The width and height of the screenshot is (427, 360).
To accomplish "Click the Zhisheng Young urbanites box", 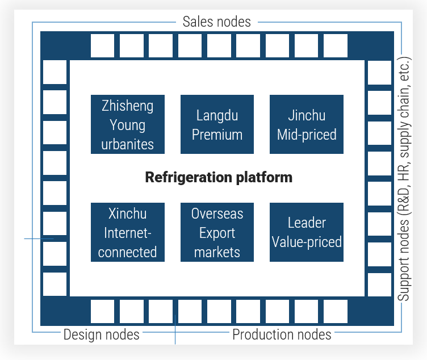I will click(x=127, y=124).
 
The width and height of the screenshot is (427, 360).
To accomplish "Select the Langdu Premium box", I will click(x=217, y=124).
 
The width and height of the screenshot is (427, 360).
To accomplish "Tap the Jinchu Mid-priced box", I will click(x=307, y=124).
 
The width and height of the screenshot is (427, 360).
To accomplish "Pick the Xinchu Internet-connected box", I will click(x=127, y=232).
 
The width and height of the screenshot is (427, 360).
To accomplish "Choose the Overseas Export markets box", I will click(x=217, y=232).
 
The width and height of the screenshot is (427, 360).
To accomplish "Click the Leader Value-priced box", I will click(x=307, y=232).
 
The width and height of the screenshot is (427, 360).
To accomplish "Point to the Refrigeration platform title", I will click(x=219, y=178).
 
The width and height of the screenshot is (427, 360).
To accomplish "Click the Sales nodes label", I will click(x=216, y=22).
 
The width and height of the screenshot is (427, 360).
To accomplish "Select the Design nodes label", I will click(x=101, y=334).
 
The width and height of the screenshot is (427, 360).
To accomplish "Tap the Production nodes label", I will click(x=282, y=334).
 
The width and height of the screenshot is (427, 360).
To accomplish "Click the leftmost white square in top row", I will click(x=102, y=46).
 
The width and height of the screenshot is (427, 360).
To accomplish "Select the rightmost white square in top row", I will click(x=335, y=46).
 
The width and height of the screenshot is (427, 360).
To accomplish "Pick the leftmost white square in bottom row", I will click(x=102, y=311).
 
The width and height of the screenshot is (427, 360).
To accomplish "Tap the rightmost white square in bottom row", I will click(x=335, y=311).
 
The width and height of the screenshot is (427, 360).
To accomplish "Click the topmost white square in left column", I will click(x=55, y=72).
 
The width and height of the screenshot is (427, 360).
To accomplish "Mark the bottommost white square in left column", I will click(x=55, y=284).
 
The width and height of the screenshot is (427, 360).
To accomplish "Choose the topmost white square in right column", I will click(x=379, y=72).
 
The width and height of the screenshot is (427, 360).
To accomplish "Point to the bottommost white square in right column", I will click(x=379, y=284).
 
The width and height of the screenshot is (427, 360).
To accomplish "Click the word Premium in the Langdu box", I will click(x=217, y=135).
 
